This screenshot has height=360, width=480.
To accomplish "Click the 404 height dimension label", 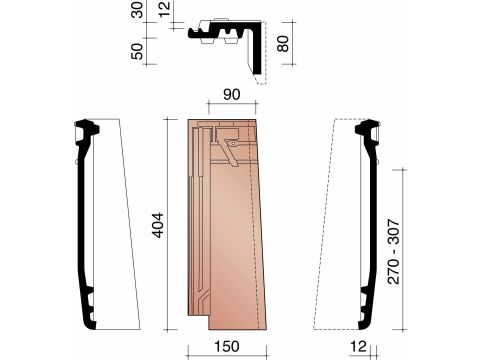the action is tap(158, 225).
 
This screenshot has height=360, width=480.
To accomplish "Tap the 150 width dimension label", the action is tap(226, 346).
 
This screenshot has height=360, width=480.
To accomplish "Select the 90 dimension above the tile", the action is tap(232, 94).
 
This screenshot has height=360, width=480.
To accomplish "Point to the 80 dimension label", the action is tap(283, 43).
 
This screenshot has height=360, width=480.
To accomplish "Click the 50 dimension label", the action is tap(137, 51).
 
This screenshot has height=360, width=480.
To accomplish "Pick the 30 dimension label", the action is tap(137, 10).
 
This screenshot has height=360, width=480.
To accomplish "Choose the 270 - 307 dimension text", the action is tap(394, 252).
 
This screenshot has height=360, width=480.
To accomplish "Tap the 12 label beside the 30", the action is tap(164, 9).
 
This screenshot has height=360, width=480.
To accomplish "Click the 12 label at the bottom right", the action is tap(358, 346).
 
